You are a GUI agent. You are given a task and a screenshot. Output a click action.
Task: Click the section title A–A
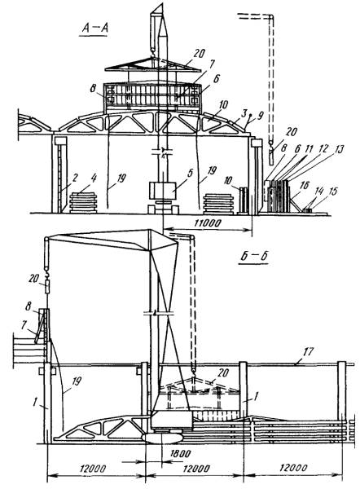(x=95, y=28)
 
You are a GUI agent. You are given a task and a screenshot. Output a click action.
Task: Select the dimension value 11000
(x=207, y=223)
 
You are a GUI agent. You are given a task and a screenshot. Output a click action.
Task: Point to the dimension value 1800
(x=181, y=453)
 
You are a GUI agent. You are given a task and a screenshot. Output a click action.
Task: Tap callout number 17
(x=308, y=352)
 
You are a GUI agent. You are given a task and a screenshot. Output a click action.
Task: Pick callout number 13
(x=339, y=149)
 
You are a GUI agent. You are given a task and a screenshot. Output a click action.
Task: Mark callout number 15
(x=332, y=192)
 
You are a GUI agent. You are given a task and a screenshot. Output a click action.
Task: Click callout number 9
(x=261, y=116)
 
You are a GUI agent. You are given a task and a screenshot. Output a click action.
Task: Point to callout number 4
(x=94, y=178)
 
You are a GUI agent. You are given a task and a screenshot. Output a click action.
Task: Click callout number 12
(x=324, y=149)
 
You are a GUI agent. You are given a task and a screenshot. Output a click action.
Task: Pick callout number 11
(x=309, y=149)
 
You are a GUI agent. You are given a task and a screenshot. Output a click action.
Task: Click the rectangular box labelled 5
(x=163, y=191)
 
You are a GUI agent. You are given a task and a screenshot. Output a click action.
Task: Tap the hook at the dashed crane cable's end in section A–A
(x=270, y=144)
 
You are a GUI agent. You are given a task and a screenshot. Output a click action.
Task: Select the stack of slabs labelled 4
(x=83, y=203)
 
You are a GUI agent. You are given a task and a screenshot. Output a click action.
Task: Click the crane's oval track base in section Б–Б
(x=162, y=437)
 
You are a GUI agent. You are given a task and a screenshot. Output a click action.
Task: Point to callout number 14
(x=318, y=192)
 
